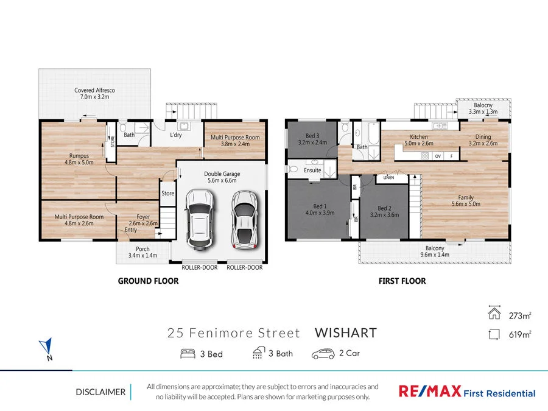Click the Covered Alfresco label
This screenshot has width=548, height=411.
coord(94,91)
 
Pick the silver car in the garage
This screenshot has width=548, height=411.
coord(245,219)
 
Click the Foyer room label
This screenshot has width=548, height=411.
coord(143,216)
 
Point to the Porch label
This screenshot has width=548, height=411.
coord(142,248)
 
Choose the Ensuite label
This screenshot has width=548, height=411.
coord(313,170)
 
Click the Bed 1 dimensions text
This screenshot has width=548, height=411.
coord(320,214)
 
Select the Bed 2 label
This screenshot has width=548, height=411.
coord(385,208)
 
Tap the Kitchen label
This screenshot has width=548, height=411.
coord(419,137)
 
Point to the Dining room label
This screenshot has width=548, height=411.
coord(483,137)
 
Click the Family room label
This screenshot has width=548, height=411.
coord(466,197)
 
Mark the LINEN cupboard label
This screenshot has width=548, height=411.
coord(388,178)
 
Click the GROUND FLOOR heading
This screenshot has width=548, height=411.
coord(149,281)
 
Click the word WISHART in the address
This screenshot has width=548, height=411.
coord(345,333)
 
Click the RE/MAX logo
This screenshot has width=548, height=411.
coord(429,392)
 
